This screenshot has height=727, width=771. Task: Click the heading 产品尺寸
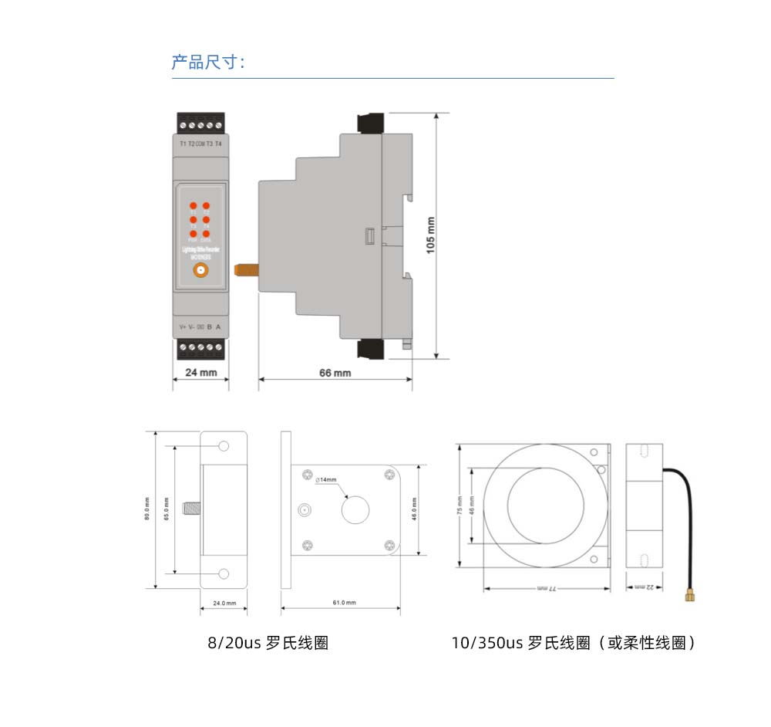(207, 63)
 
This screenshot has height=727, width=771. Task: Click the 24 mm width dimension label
(200, 373)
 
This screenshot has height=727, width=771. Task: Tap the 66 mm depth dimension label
(335, 373)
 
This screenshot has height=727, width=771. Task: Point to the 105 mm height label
(430, 235)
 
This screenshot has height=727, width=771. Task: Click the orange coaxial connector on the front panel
(200, 270)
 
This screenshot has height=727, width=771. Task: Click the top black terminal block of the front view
(200, 123)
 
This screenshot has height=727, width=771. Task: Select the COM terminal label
(200, 144)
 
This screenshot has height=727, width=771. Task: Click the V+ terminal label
(183, 327)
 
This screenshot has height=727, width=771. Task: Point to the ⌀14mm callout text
(326, 480)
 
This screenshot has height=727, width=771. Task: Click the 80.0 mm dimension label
(147, 510)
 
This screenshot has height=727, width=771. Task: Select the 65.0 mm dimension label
(166, 510)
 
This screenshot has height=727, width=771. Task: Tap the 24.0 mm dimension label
(224, 603)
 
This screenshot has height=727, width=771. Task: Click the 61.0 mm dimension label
(345, 603)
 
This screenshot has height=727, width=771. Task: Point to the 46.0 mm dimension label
(414, 510)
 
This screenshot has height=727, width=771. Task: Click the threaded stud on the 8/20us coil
(190, 509)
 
